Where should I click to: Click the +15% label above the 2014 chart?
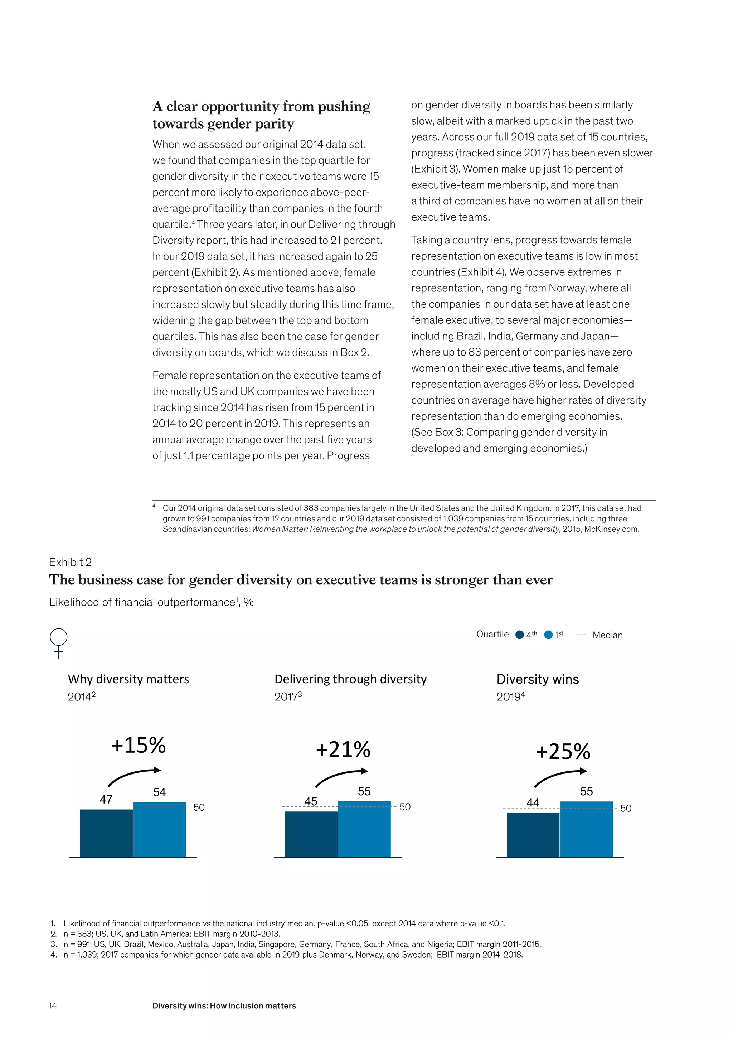(x=139, y=745)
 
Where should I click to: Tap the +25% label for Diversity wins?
(x=563, y=752)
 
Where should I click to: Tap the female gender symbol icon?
(x=59, y=642)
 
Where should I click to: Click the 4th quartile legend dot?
(x=520, y=635)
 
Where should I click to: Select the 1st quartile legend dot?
(x=548, y=635)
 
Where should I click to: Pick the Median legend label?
(x=607, y=635)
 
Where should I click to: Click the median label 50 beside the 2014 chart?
(x=199, y=807)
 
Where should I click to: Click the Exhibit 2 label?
(x=71, y=562)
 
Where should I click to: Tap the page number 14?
(x=53, y=1005)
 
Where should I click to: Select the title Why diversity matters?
(x=128, y=679)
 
